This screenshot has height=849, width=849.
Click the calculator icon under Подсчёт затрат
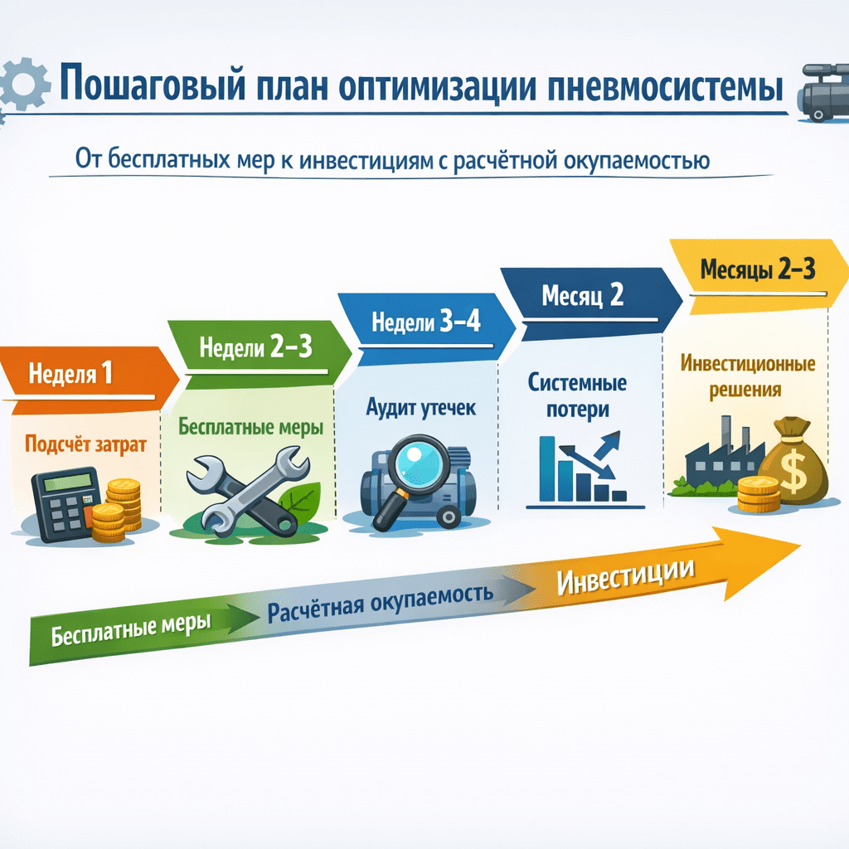[x=63, y=502]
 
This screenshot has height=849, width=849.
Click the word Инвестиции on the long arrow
[x=626, y=576]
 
